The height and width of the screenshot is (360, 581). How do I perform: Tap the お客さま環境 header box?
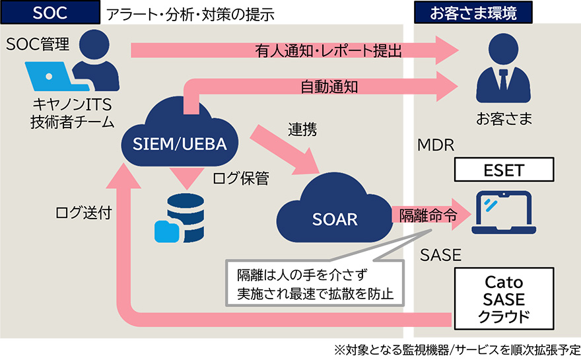pos(473,13)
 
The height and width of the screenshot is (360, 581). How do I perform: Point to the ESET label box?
pos(502,170)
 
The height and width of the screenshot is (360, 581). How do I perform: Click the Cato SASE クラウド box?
pos(504,299)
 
